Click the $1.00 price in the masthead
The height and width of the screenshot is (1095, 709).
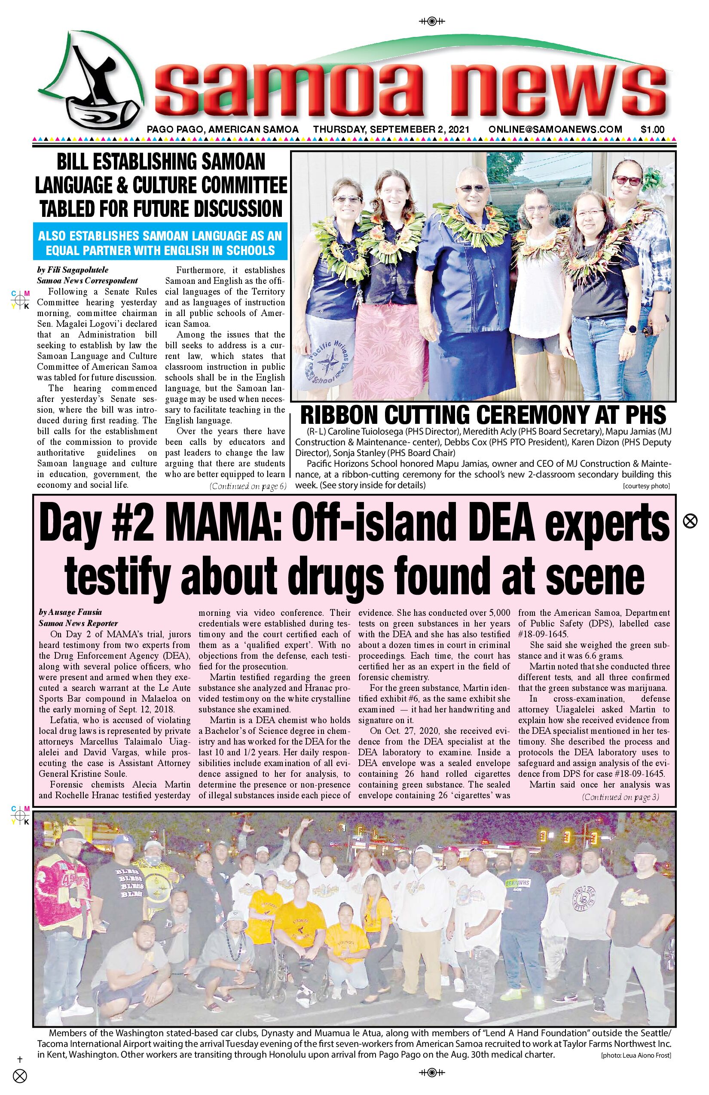pyautogui.click(x=652, y=130)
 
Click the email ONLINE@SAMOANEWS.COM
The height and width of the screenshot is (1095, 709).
pyautogui.click(x=555, y=130)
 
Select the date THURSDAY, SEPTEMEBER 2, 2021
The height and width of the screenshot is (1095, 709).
pyautogui.click(x=391, y=130)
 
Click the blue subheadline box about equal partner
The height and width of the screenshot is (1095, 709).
pyautogui.click(x=160, y=243)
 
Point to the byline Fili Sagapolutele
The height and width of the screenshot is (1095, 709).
pyautogui.click(x=73, y=270)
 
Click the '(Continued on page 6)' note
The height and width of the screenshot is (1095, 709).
pyautogui.click(x=248, y=486)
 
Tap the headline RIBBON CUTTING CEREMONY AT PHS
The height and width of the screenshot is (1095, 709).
pyautogui.click(x=483, y=415)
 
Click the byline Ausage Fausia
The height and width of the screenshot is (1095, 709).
pyautogui.click(x=70, y=612)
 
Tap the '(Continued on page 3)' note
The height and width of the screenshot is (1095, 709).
pyautogui.click(x=620, y=797)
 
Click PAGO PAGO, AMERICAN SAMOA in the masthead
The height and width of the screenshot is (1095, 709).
pyautogui.click(x=223, y=130)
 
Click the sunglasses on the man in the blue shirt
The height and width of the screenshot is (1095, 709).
pyautogui.click(x=472, y=188)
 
